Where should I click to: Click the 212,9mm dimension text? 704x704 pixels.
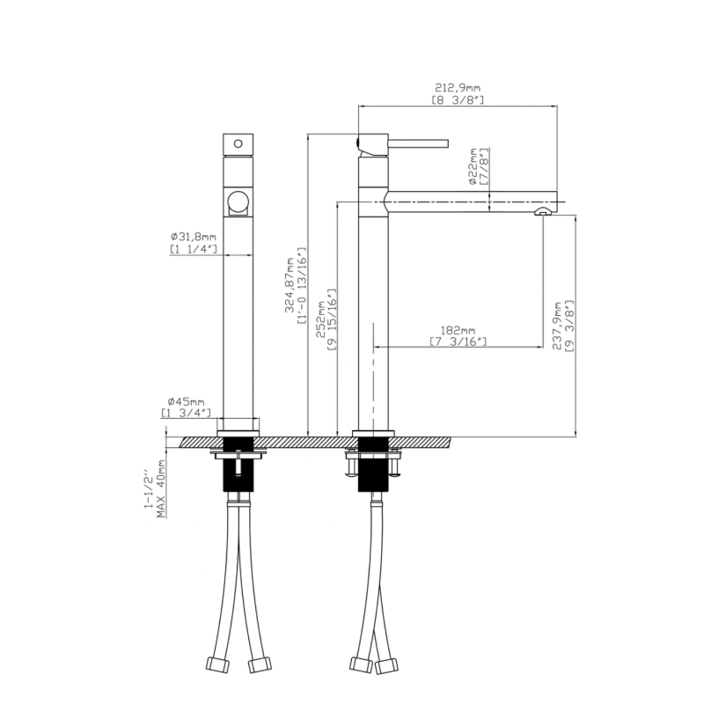tap(458, 87)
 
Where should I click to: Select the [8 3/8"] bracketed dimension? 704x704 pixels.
tap(458, 99)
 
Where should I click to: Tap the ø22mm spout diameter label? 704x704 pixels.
tap(473, 166)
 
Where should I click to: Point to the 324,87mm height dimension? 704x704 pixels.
tap(290, 285)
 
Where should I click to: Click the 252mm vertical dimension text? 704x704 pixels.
tap(321, 319)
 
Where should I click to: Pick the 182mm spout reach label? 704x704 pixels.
tap(458, 331)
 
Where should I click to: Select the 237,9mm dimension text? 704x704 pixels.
tap(557, 326)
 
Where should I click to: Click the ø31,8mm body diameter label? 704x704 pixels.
tap(193, 237)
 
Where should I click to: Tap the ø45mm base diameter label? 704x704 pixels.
tap(186, 401)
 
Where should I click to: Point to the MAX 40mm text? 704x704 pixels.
tap(161, 488)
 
